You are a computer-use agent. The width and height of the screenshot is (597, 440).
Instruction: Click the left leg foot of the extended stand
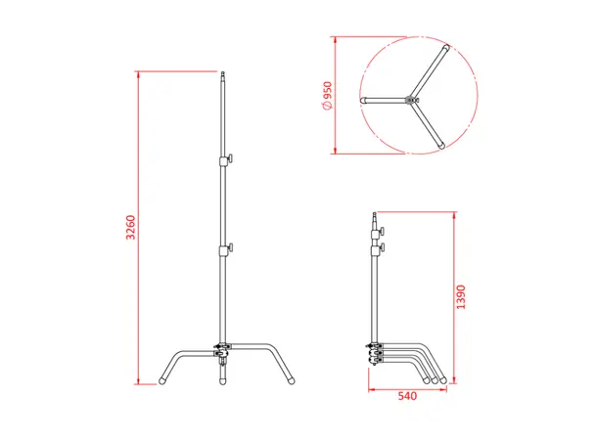164,376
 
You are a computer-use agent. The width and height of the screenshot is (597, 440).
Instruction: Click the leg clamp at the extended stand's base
224,347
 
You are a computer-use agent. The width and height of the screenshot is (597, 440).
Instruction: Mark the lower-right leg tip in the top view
441,146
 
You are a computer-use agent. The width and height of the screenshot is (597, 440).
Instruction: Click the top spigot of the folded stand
374,216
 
